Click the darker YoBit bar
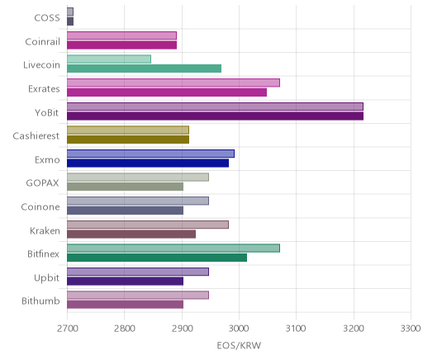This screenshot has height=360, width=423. coord(215,116)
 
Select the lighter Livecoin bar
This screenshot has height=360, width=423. coord(109,59)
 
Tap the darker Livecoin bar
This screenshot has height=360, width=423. coord(144,69)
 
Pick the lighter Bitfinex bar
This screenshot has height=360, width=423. coord(173,249)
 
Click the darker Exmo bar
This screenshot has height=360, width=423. coord(148,163)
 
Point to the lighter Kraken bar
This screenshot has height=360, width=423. coord(148,225)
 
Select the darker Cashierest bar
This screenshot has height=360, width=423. coord(128,140)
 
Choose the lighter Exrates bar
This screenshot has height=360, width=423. coord(173,83)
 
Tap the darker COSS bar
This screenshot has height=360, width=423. coord(70,21)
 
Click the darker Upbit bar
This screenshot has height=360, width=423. coord(125,282)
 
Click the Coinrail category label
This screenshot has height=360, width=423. coord(42,42)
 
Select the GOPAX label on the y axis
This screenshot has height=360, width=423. coord(42,183)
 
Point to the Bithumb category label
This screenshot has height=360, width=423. coord(40,301)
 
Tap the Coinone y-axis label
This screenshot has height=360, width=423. coord(40,206)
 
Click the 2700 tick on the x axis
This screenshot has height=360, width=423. coord(68,329)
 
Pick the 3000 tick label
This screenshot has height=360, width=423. coord(239,329)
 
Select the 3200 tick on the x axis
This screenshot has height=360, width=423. coord(354,329)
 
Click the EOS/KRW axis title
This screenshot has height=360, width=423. coord(239,345)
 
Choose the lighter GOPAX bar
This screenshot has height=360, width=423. coord(138,178)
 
